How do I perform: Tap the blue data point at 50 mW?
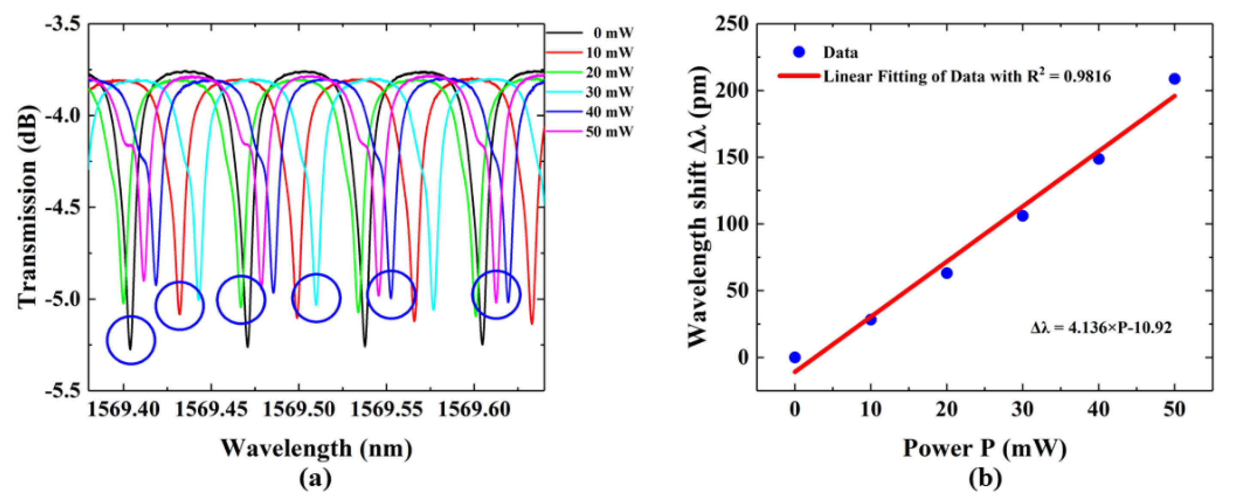coord(1174,79)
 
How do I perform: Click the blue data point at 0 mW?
coord(795,357)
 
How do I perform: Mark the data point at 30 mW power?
coord(1023,215)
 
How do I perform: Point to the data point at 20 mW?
coord(947,273)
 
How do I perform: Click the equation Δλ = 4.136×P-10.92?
coord(1101,328)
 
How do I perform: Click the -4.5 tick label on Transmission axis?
coord(62,207)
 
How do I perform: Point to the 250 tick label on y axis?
coord(732,24)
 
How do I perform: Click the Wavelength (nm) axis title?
coord(316,448)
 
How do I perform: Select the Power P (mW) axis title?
coord(984,448)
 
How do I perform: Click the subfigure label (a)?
coord(316,479)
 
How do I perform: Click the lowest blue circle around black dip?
coord(131,340)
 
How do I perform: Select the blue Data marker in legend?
coord(799,52)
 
